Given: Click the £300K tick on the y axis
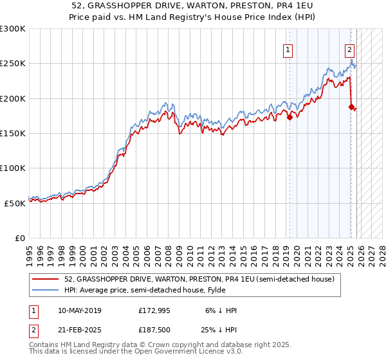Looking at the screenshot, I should point(13,29).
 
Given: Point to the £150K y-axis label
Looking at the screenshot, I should point(13,133).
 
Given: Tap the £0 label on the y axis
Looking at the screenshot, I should point(20,238).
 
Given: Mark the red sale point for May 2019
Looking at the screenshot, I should point(289,117).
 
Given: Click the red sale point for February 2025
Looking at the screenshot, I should point(351,107).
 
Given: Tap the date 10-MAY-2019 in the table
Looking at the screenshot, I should point(78,310).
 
